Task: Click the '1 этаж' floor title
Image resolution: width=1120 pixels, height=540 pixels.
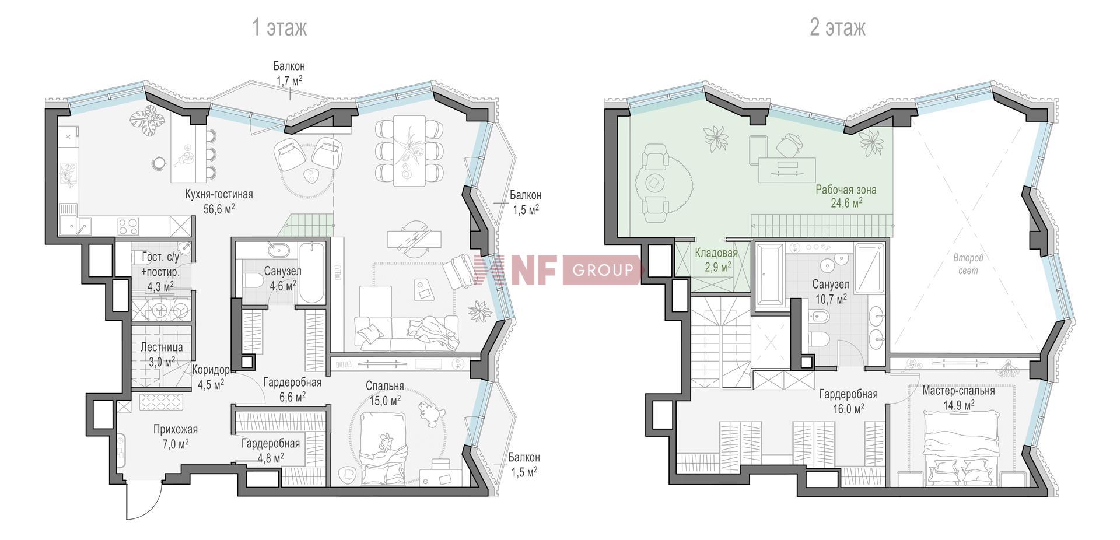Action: point(279,27)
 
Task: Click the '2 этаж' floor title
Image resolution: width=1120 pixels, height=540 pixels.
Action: point(838,27)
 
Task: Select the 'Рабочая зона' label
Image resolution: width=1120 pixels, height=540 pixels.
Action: point(846,190)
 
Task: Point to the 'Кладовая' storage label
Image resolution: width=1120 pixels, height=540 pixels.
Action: point(716,253)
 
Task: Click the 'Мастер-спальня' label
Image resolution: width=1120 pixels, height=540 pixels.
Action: point(958,391)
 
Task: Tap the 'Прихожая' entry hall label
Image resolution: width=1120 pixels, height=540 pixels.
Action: point(176,430)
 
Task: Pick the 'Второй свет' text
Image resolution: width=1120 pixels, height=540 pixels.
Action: point(968,264)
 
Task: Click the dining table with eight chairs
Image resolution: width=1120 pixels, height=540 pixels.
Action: point(409,150)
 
